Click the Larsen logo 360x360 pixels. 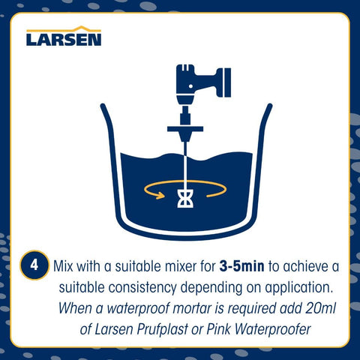click(64, 36)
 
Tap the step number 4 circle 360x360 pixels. click(34, 265)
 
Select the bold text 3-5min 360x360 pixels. click(241, 266)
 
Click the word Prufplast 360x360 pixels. click(162, 329)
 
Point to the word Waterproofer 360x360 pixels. click(273, 329)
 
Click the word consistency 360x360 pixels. click(142, 287)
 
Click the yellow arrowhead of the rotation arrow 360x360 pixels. click(160, 195)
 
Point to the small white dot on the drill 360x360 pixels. click(190, 86)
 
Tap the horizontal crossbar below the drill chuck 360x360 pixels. click(185, 129)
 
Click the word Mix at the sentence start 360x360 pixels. click(63, 266)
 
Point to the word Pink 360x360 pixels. click(218, 329)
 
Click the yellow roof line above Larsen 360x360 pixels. click(64, 28)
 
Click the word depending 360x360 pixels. click(211, 288)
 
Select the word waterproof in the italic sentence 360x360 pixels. click(138, 309)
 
